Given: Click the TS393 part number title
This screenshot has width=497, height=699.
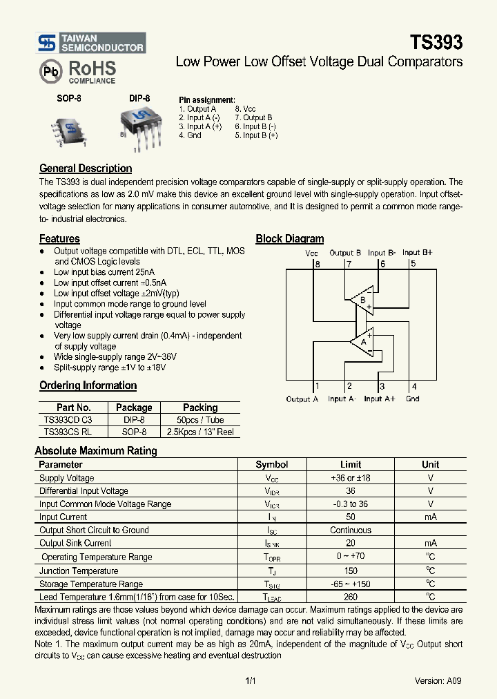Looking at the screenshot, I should coord(436,42).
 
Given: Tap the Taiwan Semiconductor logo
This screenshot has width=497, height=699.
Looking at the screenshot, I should coord(90,43).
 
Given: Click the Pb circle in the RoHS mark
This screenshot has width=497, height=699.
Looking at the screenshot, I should coord(51,71).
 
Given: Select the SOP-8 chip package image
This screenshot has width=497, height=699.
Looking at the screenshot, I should coord(69,129).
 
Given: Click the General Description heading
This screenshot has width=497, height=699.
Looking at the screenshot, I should coord(86,169).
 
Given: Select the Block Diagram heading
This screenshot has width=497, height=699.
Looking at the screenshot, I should coord(290,239).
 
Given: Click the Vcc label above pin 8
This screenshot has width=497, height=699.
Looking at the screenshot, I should coord(313,253).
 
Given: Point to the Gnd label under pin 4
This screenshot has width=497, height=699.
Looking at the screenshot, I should coord(412,399).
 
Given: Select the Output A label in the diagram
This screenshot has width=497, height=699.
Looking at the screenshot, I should coord(302,399).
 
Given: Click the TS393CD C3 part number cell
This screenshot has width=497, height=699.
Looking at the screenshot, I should coord(68,419).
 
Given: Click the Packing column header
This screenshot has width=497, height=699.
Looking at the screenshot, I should coord(200,408).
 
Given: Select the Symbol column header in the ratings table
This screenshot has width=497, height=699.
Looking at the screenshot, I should coord(272,465).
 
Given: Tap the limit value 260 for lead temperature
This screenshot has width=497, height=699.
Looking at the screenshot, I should coord(351,597).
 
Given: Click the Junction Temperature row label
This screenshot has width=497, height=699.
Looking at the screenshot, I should coord(79,571).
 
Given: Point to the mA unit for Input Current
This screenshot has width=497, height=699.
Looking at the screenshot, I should coord(430,517).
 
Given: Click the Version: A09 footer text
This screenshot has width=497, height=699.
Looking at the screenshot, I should coord(438,680).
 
